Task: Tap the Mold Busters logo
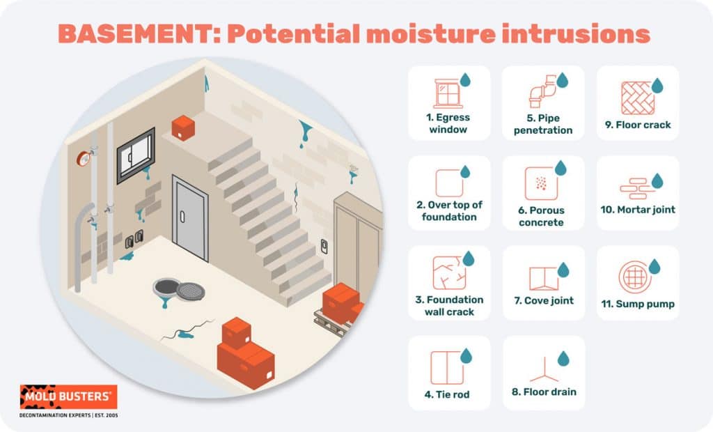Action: tap(68, 396)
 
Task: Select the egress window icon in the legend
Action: tap(448, 93)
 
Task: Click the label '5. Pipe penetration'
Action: tap(543, 124)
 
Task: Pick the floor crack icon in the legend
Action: tap(637, 98)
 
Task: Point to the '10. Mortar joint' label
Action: tap(638, 209)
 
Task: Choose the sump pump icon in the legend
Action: tap(634, 277)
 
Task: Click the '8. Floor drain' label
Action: tap(543, 392)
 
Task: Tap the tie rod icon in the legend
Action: tap(447, 367)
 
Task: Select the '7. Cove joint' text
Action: tap(543, 300)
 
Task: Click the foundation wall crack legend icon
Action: tap(448, 273)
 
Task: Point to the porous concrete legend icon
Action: tap(541, 183)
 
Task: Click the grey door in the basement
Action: tap(190, 218)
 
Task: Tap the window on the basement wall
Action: tap(136, 155)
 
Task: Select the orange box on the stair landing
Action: tap(184, 128)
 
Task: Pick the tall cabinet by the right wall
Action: tap(357, 240)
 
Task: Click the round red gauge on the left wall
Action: tap(83, 158)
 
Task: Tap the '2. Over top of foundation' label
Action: tap(448, 210)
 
